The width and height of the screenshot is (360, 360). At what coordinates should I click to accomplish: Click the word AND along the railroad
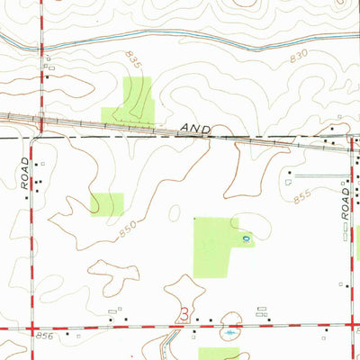(194, 130)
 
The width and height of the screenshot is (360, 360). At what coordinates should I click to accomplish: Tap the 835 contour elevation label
(134, 61)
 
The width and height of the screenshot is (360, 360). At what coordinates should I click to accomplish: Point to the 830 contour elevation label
(300, 57)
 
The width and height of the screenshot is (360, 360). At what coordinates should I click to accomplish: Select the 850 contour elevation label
(130, 229)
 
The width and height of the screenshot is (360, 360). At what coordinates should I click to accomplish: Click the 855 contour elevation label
(301, 193)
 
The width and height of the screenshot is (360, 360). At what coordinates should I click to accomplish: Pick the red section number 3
(184, 314)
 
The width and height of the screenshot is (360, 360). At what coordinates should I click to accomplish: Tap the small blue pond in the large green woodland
(246, 238)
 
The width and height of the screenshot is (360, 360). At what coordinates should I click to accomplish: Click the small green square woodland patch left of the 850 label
(107, 203)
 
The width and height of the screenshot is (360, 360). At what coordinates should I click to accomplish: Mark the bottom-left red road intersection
(31, 328)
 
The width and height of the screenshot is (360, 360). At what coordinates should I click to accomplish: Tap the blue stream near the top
(180, 40)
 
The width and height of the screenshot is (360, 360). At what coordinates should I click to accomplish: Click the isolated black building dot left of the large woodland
(195, 219)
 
